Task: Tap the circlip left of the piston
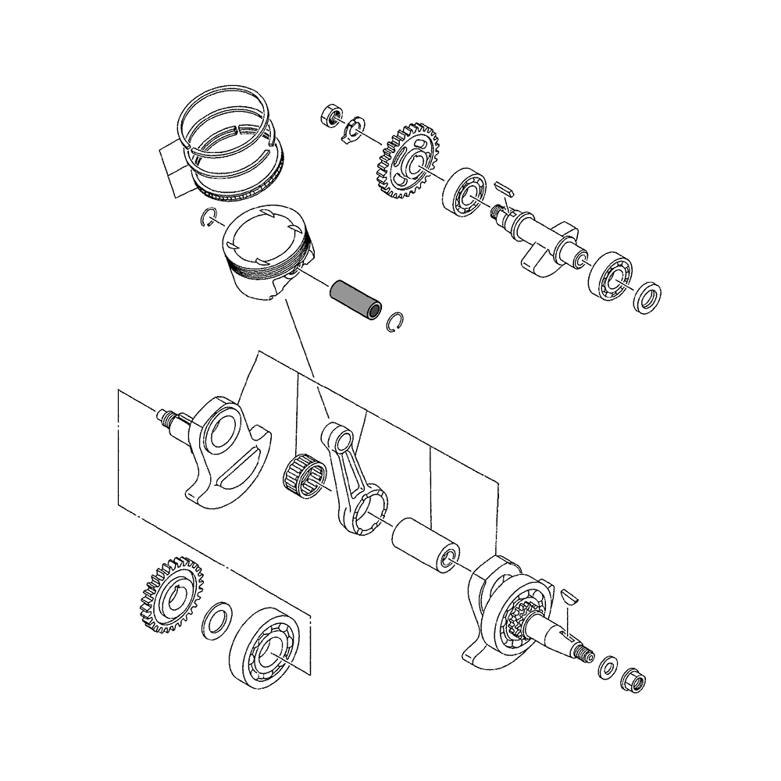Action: coord(209,217)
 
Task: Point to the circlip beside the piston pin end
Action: coord(398,323)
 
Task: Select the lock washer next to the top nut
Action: coord(355,130)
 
